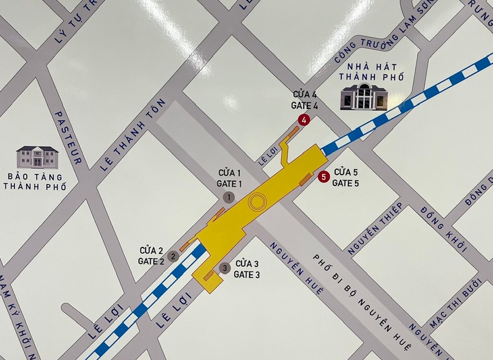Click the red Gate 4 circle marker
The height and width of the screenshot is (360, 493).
[x=304, y=121]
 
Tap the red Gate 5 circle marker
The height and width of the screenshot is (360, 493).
[x=323, y=177]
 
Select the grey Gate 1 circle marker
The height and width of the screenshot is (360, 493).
[x=229, y=197]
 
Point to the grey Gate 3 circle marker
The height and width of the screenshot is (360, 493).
[x=224, y=269]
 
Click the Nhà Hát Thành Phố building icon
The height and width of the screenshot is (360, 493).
[x=364, y=97]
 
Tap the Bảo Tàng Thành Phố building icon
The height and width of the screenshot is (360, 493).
[x=37, y=157]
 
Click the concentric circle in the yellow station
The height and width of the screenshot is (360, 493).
[x=257, y=203]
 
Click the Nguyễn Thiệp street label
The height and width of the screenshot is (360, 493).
[x=376, y=228]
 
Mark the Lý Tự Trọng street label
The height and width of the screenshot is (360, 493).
[x=74, y=23]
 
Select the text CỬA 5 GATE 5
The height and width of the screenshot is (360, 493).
[x=345, y=178]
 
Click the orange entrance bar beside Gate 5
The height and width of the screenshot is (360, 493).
[x=306, y=179]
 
